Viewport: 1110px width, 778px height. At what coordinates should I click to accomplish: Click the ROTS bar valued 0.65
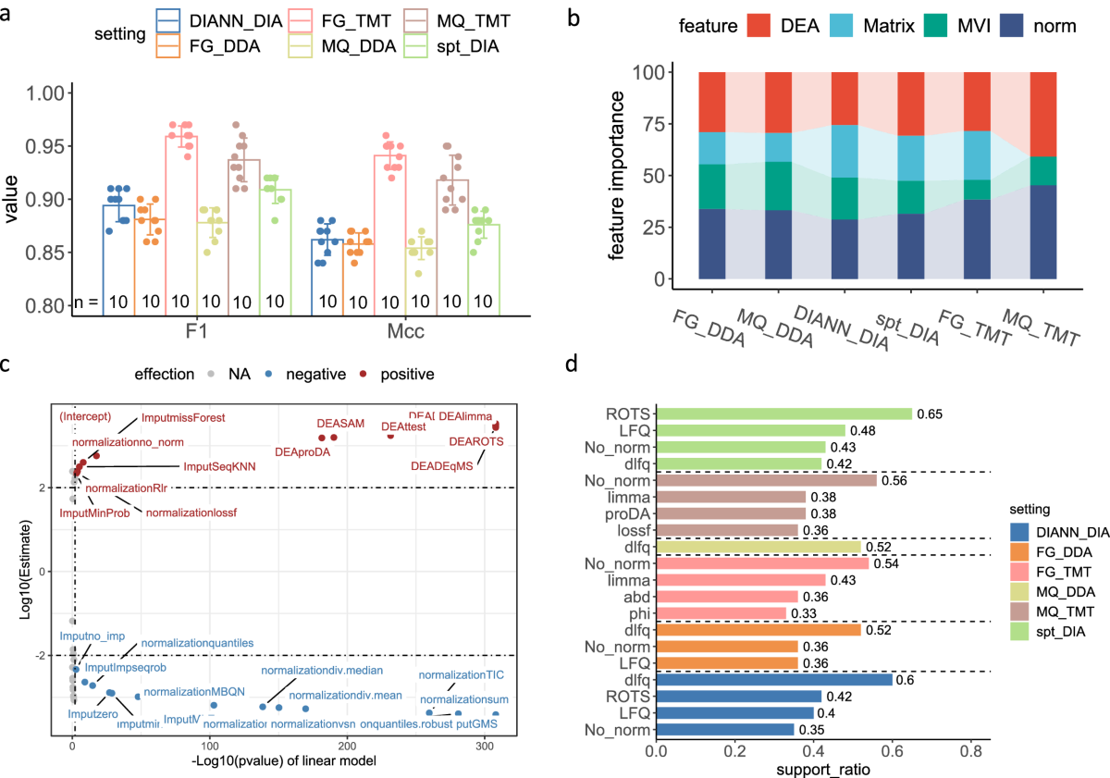[783, 414]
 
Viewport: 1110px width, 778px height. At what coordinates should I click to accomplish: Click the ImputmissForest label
[183, 418]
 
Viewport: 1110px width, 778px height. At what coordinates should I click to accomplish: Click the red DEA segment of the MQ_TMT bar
[1043, 114]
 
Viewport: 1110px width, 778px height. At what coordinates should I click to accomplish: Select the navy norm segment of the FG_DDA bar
[711, 244]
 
